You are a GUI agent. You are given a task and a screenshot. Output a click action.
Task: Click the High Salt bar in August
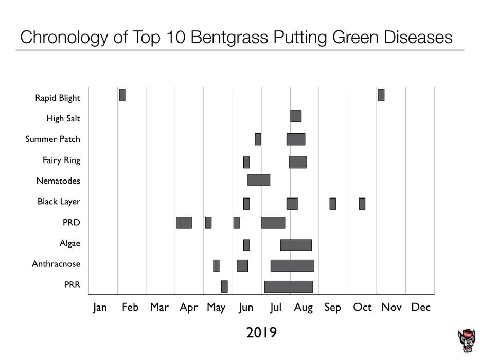pos(296,116)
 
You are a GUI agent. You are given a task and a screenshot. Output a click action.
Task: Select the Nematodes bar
pos(259,180)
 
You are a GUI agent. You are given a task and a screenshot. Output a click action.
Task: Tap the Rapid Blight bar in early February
pos(122,95)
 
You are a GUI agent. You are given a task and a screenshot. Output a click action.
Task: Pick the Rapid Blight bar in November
pos(381,95)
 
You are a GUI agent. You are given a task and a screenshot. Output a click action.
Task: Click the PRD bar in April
pos(184,222)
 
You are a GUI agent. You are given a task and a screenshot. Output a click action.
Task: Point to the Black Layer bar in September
pos(333,204)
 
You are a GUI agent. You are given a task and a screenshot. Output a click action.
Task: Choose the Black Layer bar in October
pos(362,204)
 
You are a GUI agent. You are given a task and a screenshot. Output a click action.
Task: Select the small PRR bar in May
pos(224,286)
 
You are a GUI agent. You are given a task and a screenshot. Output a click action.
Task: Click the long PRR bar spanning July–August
pos(289,286)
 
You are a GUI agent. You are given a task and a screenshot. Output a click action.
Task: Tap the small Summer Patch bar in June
pos(258,139)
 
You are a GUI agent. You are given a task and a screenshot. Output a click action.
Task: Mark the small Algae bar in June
pos(246,245)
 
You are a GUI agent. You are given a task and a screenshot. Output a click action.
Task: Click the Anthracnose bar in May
pos(217,265)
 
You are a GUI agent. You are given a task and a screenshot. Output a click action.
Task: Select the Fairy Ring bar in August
pos(298,162)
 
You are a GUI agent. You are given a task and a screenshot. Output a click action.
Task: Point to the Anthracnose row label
pos(56,264)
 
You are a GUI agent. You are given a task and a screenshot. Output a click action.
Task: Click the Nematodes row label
pos(58,181)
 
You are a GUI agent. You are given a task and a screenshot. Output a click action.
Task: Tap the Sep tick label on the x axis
pos(332,308)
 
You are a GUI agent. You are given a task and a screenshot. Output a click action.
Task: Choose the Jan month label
pos(100,308)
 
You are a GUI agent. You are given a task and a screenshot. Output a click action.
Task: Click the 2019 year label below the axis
pos(261,333)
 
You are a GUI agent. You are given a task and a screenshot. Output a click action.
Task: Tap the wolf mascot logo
pos(467,341)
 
